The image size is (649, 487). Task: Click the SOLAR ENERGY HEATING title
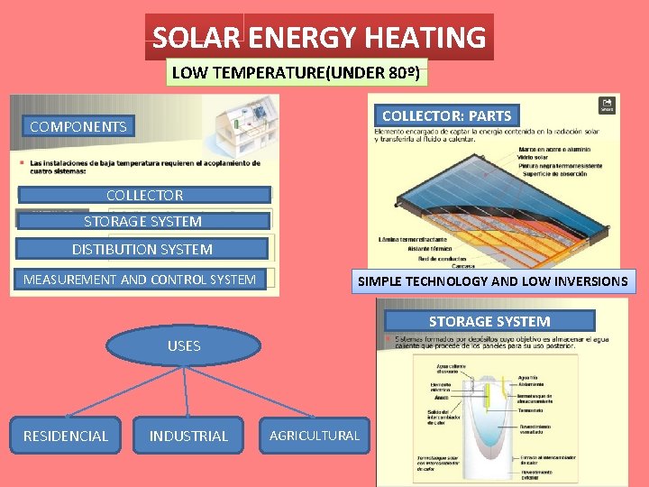coord(319,38)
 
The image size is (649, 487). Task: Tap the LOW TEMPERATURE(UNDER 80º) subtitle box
coord(297,72)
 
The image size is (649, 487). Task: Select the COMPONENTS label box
coord(78,126)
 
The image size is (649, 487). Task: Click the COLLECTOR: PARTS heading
coord(446,115)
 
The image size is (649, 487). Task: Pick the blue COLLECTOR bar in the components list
coord(144,195)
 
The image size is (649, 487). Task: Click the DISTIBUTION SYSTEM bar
coord(142,249)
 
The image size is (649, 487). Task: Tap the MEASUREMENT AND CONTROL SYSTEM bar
coord(140,280)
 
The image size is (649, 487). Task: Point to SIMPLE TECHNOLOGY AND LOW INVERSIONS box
coord(492,281)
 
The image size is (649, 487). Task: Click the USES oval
coord(184,345)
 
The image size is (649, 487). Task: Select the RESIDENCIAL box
coord(66,436)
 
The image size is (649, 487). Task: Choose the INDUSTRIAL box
coord(188,436)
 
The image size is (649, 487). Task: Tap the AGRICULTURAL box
coord(315,436)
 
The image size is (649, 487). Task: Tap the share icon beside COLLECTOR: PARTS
coord(608,105)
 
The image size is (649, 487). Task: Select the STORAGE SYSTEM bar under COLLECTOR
coord(142,221)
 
